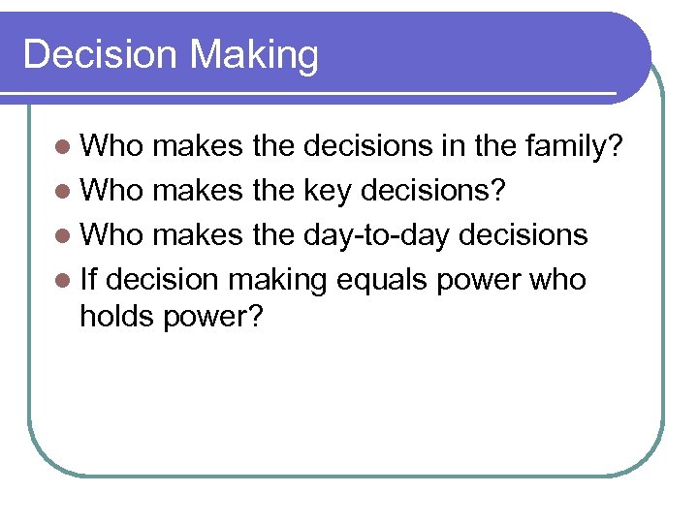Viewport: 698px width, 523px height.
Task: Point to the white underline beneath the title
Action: click(x=320, y=93)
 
